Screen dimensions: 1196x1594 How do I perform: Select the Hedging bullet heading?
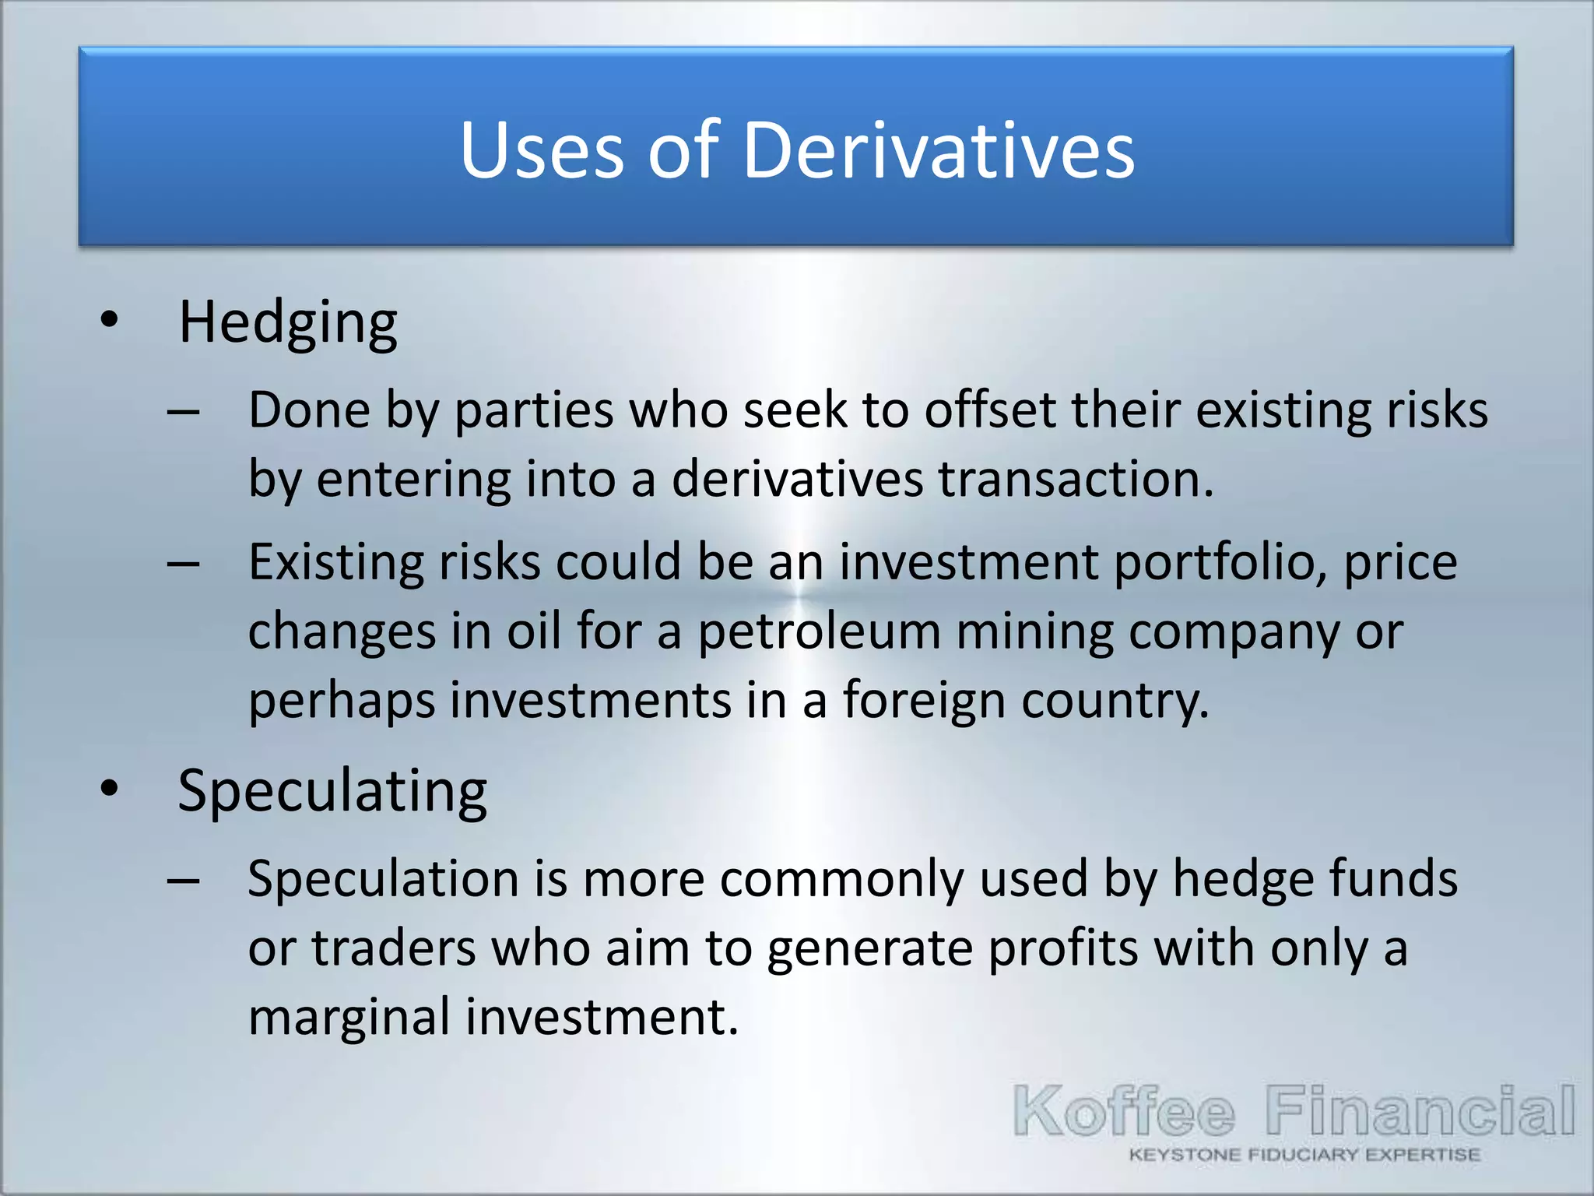(x=288, y=323)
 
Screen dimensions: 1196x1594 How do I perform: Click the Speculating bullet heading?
(x=332, y=792)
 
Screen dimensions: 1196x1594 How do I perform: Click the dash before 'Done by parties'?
(x=184, y=412)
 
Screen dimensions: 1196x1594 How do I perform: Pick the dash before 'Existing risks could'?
(x=184, y=564)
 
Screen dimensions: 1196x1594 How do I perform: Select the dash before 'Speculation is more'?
(x=184, y=881)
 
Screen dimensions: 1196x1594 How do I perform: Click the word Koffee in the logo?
(x=1124, y=1111)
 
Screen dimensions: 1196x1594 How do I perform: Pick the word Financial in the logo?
(x=1420, y=1111)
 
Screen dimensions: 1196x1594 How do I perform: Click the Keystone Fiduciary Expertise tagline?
(x=1304, y=1155)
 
